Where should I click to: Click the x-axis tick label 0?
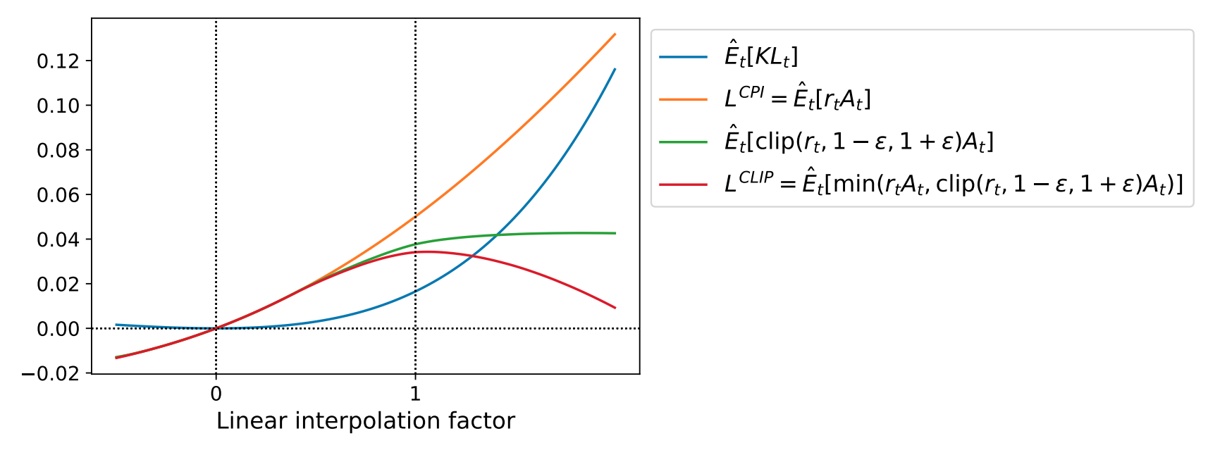216,394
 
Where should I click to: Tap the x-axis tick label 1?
415,394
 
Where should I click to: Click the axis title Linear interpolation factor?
365,421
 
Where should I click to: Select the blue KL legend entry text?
761,56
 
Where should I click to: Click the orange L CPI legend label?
797,99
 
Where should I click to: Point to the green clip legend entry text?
858,142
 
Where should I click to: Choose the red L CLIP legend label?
953,185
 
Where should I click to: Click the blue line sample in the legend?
683,57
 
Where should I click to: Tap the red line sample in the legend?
683,185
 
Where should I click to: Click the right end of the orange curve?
615,34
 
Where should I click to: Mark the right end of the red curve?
615,308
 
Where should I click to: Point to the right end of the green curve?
615,233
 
